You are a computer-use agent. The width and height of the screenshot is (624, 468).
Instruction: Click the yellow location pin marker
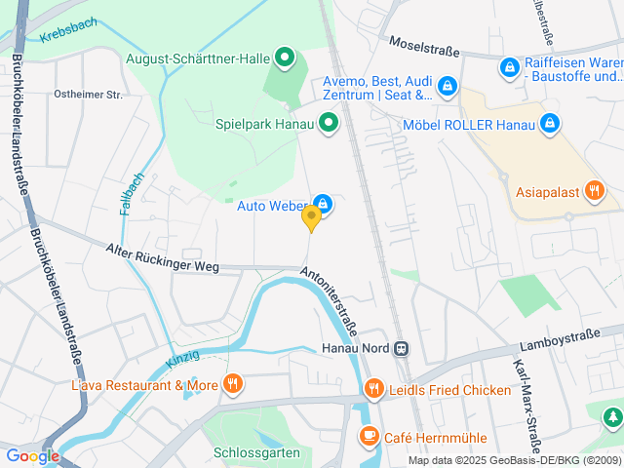coord(311,217)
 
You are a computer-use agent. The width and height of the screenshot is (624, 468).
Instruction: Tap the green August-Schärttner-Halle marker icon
coord(285,59)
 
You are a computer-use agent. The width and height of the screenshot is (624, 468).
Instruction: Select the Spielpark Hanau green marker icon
coord(329,124)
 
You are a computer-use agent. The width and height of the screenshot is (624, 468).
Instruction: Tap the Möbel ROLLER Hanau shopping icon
coord(550,124)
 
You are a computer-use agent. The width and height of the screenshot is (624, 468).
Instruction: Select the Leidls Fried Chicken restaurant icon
coord(374,390)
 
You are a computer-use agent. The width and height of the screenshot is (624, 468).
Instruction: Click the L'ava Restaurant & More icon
coord(231,384)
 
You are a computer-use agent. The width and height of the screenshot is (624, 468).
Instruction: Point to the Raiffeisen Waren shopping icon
coord(509,67)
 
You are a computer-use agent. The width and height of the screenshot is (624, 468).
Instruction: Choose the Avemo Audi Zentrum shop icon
coord(447,87)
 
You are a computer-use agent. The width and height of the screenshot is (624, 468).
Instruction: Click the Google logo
coord(32,455)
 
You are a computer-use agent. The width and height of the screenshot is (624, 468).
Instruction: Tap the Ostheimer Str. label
coord(89,95)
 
